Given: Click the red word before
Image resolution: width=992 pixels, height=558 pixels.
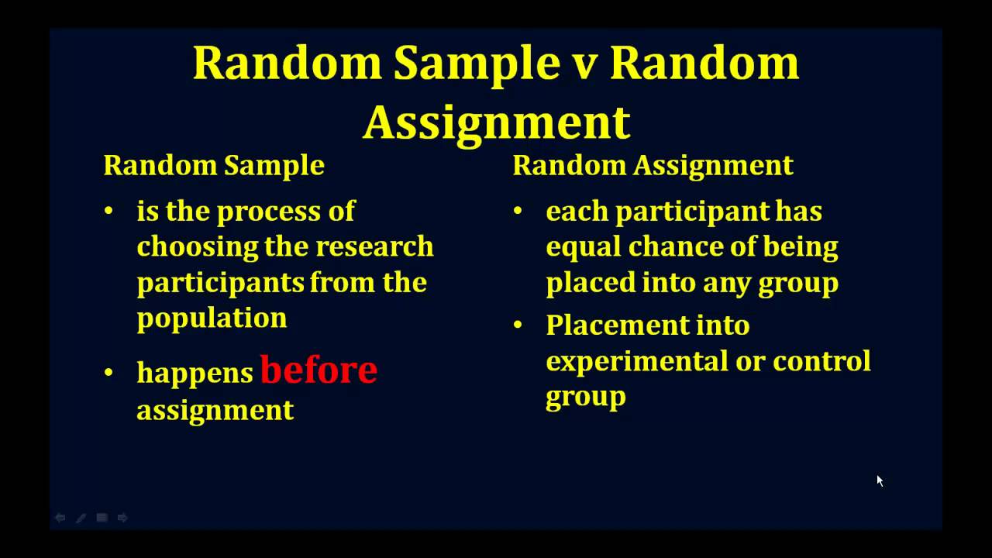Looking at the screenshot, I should (x=319, y=370).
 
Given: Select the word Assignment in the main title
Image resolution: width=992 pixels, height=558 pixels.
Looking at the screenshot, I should (x=496, y=122).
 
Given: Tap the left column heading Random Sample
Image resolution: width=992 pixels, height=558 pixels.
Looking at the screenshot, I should (x=214, y=165).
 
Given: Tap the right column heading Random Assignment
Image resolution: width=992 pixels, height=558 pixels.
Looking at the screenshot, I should (x=653, y=165).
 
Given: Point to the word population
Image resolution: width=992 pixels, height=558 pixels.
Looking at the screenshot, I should (x=212, y=318).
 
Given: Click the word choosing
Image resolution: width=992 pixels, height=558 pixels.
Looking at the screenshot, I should (x=198, y=246).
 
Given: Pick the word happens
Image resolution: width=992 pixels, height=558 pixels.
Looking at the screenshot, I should (x=195, y=373).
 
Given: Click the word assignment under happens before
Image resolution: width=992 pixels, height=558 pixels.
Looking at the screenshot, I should (x=215, y=409).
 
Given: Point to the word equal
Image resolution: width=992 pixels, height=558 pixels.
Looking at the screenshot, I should (x=583, y=246).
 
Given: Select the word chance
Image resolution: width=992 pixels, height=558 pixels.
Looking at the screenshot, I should (x=673, y=246).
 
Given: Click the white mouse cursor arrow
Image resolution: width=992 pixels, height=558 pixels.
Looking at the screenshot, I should (x=880, y=480).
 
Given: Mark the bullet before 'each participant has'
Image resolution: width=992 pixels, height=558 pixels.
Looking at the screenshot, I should (x=518, y=211).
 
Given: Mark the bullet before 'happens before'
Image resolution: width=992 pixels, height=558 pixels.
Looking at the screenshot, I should (x=108, y=373).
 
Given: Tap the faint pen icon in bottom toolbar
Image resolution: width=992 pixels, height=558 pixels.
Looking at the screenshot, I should (x=81, y=518).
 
